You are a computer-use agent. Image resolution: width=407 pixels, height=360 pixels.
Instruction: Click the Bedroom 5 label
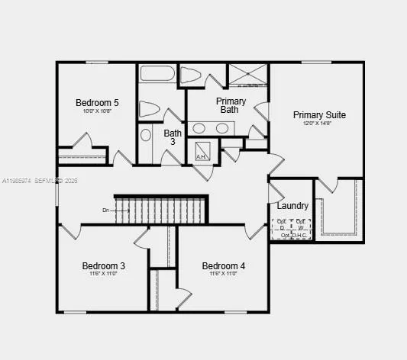click(x=97, y=102)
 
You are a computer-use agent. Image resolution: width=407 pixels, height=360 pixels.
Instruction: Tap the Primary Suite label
click(x=319, y=115)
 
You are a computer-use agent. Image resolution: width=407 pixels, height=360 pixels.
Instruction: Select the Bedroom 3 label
click(x=104, y=265)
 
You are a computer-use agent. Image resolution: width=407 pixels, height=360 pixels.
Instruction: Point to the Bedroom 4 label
click(x=224, y=265)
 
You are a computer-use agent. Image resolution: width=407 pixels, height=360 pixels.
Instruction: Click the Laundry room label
click(x=292, y=206)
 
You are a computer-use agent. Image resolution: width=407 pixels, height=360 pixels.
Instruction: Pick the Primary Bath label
click(x=231, y=105)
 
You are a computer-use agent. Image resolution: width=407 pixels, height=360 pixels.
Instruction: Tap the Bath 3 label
click(x=173, y=137)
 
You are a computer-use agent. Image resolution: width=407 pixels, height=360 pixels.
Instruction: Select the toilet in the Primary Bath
click(x=192, y=76)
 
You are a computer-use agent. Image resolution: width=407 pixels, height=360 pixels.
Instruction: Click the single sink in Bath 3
click(x=146, y=136)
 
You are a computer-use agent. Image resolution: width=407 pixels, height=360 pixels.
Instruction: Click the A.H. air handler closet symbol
click(x=203, y=150)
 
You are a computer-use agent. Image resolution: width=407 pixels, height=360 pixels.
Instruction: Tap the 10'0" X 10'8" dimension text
click(x=97, y=111)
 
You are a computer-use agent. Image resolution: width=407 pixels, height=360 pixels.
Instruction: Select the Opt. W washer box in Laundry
click(x=302, y=225)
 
